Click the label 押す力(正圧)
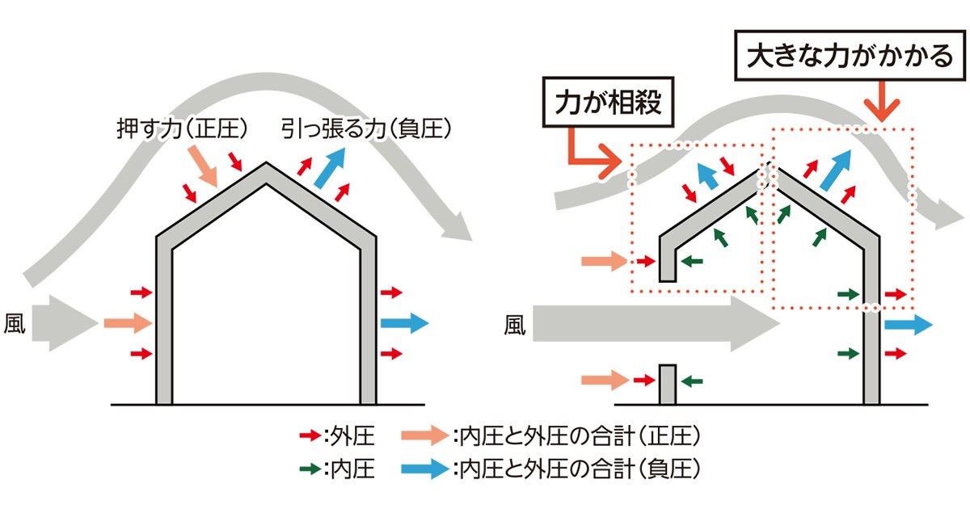click(183, 128)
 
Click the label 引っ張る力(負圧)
click(366, 128)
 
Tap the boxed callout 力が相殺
click(608, 102)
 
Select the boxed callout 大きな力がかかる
click(850, 56)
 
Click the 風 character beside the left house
click(15, 323)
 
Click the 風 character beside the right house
click(514, 325)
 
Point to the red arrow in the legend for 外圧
click(310, 435)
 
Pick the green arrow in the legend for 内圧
click(310, 469)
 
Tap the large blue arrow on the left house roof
click(330, 168)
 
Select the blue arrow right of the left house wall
click(404, 323)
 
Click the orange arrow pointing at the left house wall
click(129, 323)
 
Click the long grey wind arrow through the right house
click(656, 324)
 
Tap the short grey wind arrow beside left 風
click(65, 323)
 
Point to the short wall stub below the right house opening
click(668, 385)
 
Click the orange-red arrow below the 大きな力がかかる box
click(882, 101)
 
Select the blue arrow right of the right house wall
click(909, 325)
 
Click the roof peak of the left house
click(266, 163)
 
